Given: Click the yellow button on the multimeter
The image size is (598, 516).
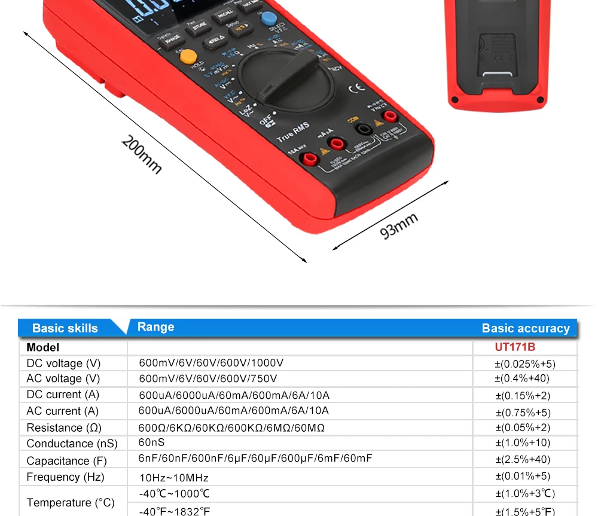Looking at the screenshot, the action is [x=189, y=57].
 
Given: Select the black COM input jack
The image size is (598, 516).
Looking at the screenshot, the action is [x=362, y=129].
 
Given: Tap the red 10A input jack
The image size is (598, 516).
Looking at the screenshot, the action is [x=310, y=158].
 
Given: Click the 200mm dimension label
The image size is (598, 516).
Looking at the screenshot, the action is [x=142, y=154].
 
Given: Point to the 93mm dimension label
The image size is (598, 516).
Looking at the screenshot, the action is [x=399, y=225].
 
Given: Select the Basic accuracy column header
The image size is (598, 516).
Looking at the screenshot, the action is [x=526, y=328].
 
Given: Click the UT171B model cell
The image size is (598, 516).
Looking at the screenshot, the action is [x=514, y=347].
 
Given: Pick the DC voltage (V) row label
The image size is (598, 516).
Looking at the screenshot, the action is [x=63, y=364].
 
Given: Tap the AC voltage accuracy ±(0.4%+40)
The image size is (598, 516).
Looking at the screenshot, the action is [x=521, y=378].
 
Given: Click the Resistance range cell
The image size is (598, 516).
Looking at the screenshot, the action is [x=232, y=428].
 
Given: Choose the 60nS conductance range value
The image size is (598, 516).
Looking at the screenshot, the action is [x=151, y=442].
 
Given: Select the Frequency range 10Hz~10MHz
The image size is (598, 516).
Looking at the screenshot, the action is [x=174, y=477].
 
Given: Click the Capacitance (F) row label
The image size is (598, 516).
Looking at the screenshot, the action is [x=66, y=460].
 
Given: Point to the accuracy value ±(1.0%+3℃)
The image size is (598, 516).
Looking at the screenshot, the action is [x=525, y=494].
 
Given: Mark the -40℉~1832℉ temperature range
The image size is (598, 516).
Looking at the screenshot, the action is [x=174, y=511].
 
